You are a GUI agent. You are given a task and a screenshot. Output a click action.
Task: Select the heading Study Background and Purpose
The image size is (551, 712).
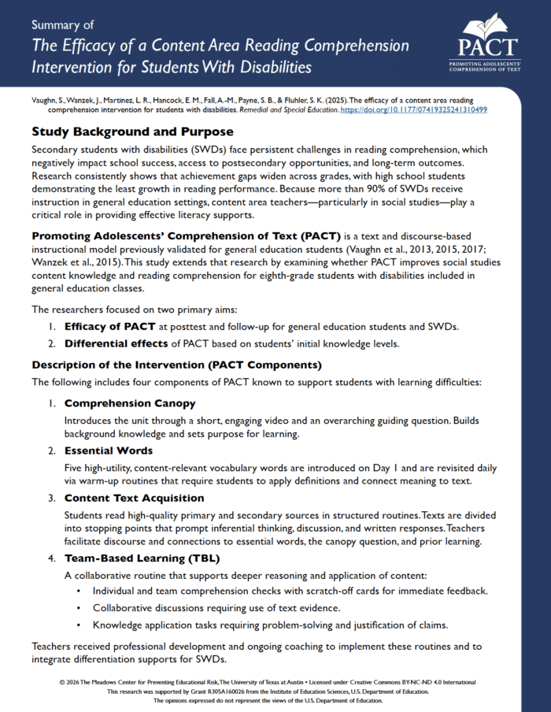click(x=132, y=132)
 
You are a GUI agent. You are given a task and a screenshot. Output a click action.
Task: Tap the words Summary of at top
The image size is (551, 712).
click(x=62, y=24)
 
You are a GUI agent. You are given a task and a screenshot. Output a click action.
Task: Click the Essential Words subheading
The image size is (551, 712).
click(x=109, y=451)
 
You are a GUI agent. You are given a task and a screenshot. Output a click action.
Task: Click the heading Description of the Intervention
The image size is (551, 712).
click(x=176, y=365)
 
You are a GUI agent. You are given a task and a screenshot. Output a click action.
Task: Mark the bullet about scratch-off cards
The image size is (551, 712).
click(x=290, y=591)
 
